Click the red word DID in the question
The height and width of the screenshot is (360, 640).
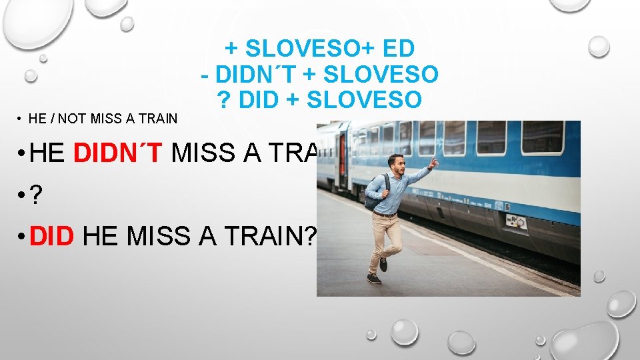coord(51,237)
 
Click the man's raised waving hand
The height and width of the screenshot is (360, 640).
coord(433,163)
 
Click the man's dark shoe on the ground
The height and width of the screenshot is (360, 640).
coord(374,278)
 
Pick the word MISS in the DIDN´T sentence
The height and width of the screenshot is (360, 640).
coord(201,153)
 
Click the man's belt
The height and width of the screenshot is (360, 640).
coord(386,213)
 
